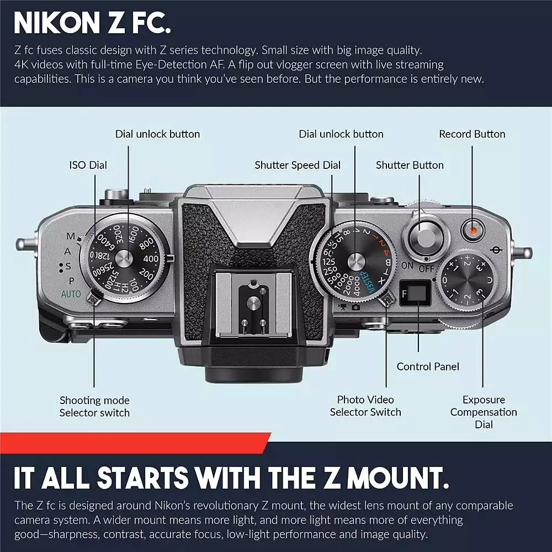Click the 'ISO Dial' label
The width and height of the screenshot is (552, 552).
coord(88,165)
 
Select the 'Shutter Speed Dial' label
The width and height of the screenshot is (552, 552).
coord(298,165)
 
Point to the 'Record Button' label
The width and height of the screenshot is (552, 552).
coord(472,134)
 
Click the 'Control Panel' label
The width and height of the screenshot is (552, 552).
coord(428,367)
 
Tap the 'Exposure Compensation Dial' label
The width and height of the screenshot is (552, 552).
coord(484,412)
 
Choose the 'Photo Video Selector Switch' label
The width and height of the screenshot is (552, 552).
coord(365,406)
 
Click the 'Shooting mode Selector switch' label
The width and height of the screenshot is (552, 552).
coord(94,406)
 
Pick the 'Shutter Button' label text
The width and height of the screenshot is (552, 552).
coord(410,165)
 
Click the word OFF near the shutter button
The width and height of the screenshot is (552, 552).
coord(426,268)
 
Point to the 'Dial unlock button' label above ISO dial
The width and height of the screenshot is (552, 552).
coord(157,134)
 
